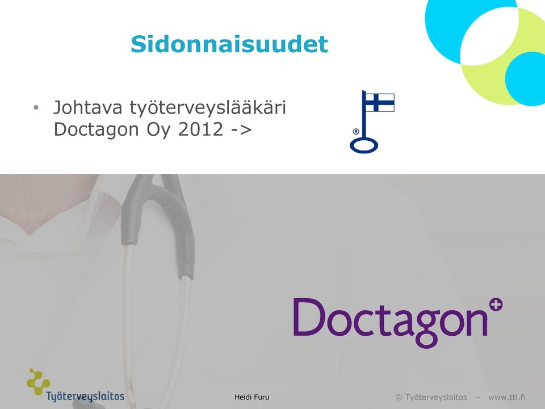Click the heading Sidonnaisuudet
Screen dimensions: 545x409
coord(229,44)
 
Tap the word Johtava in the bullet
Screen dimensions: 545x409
coord(87,107)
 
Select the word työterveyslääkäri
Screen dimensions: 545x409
coord(208,107)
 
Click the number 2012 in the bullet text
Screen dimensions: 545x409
coord(200,130)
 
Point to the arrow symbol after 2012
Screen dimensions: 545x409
coord(241,130)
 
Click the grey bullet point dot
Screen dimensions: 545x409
coord(36,108)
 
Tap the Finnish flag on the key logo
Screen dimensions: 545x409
coord(380,102)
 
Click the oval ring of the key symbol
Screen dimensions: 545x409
coord(363,145)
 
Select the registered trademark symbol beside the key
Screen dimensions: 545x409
coord(355,131)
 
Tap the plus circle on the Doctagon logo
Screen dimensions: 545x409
coord(496,305)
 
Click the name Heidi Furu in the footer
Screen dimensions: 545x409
coord(251,397)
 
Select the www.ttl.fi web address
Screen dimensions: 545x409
coord(506,397)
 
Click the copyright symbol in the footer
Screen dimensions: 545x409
coord(399,397)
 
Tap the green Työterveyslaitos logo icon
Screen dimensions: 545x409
coord(38,382)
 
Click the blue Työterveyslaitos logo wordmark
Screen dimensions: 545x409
coord(85,397)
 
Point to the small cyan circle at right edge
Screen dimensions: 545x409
coord(526,78)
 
